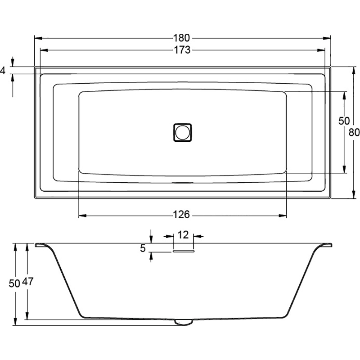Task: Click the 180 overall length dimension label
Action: pos(181,38)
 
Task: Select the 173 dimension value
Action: pos(182,50)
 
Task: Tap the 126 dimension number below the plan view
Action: pos(181,215)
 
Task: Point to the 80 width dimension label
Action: pos(354,132)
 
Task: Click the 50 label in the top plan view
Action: pos(344,121)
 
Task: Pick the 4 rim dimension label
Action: pos(3,71)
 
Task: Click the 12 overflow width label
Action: pos(183,235)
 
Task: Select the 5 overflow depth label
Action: pos(143,248)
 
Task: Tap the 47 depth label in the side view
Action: pos(28,282)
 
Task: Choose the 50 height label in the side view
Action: pos(14,284)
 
